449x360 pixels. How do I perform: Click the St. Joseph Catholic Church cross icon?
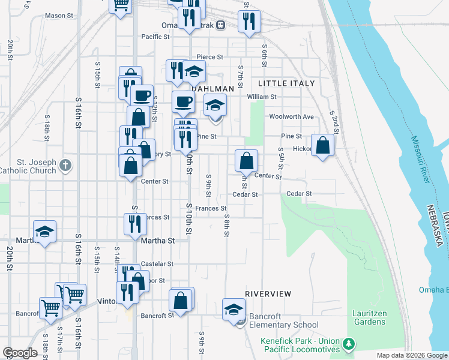click(x=66, y=164)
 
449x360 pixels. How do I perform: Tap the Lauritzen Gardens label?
click(x=369, y=317)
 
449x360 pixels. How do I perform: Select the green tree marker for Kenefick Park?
click(x=348, y=344)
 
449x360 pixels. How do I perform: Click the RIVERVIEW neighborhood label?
click(x=268, y=294)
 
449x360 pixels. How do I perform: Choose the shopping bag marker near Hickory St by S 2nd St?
click(x=322, y=145)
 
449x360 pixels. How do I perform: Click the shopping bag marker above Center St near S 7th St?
click(x=246, y=160)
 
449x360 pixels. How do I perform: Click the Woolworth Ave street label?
click(x=292, y=116)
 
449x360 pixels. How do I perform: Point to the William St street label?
click(x=261, y=96)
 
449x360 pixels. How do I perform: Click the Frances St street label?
click(x=210, y=208)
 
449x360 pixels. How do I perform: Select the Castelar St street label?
click(x=157, y=263)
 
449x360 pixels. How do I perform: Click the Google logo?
click(x=20, y=353)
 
